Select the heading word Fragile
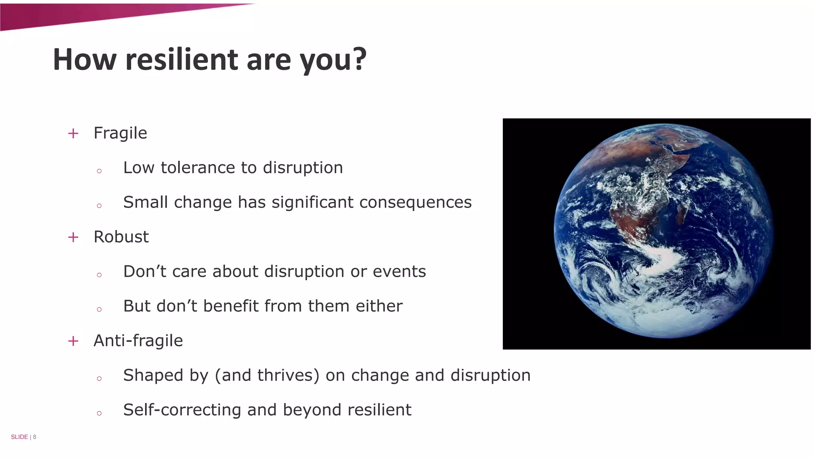click(120, 133)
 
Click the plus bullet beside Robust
click(73, 237)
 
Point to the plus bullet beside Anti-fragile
click(73, 341)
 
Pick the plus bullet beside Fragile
click(73, 134)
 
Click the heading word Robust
click(121, 237)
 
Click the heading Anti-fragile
click(138, 341)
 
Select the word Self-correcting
click(182, 410)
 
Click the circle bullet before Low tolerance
click(99, 171)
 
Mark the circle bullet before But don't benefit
click(99, 310)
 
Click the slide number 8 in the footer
click(35, 437)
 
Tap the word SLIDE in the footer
click(19, 437)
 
